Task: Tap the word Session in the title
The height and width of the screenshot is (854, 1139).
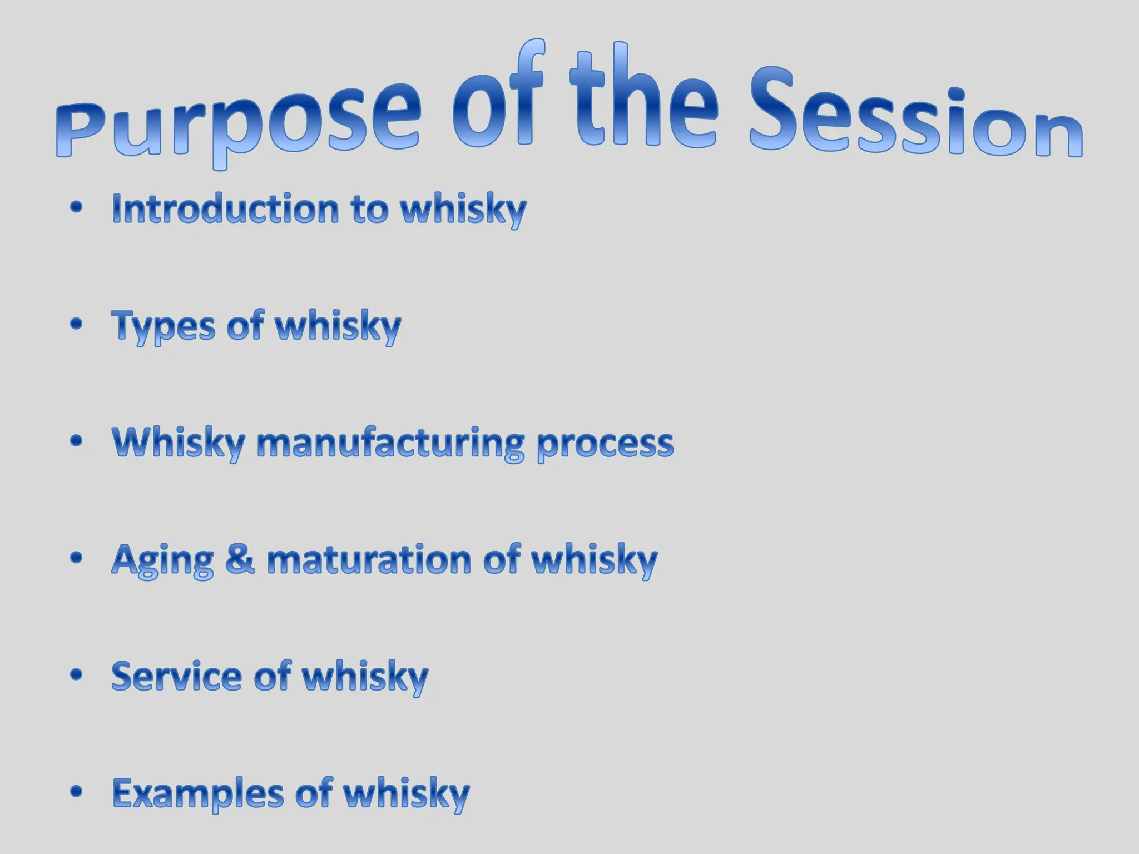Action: coord(915,120)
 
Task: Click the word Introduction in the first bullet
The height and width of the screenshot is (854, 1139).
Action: coord(225,209)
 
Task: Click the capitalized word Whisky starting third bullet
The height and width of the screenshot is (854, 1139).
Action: coord(179,444)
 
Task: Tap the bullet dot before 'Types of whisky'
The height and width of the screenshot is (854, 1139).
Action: coord(77,324)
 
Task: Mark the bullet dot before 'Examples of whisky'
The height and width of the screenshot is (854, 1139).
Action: coord(77,791)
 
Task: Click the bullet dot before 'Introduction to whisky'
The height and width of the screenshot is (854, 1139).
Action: coord(77,207)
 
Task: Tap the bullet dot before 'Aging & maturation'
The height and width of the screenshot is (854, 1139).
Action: coord(77,558)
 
